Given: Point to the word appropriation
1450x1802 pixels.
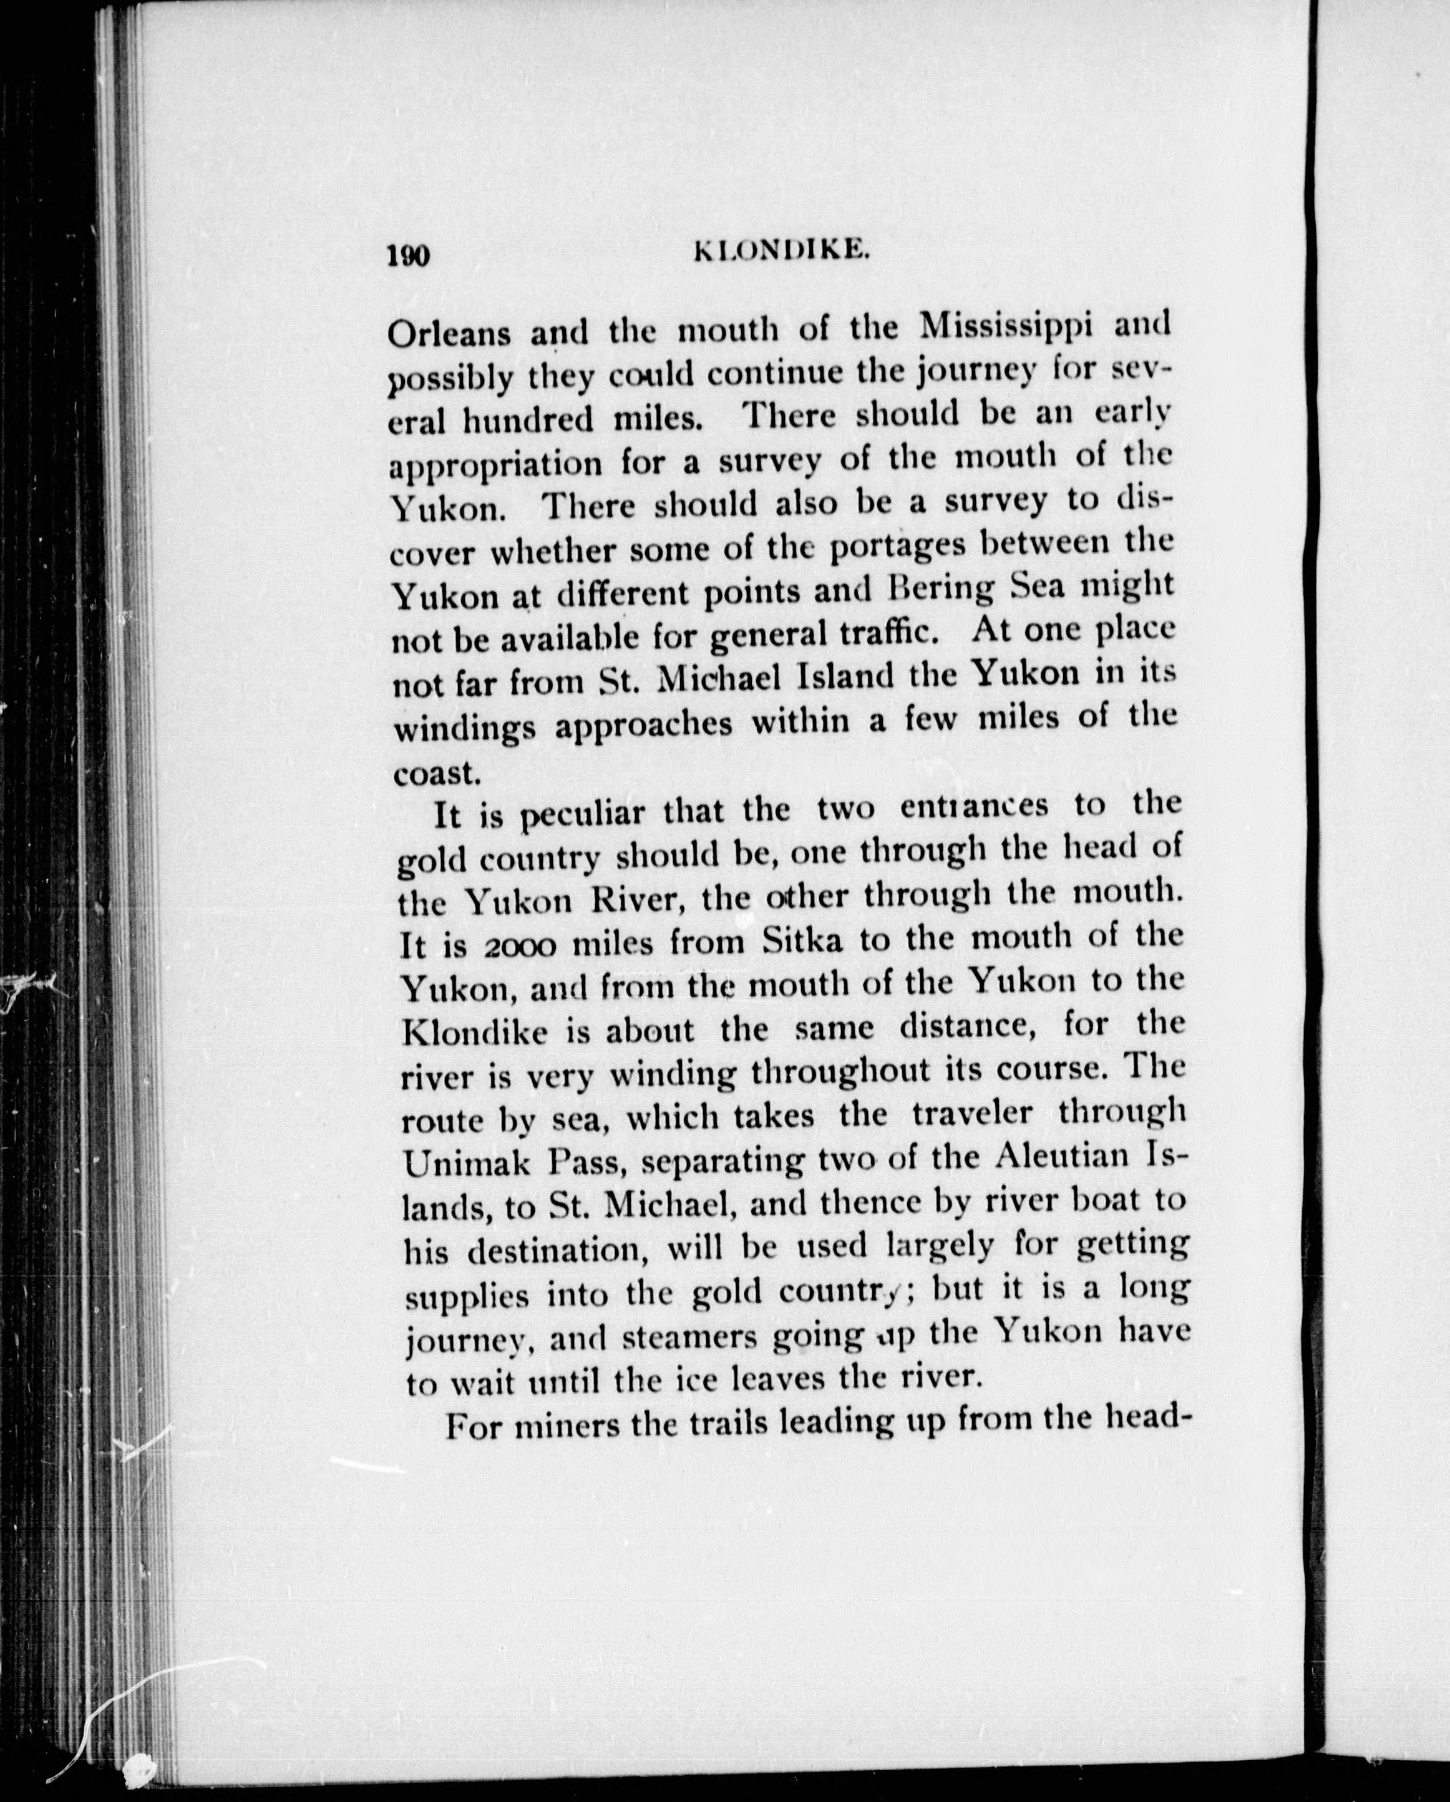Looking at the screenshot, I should coord(495,465).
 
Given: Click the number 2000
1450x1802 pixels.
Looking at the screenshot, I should coord(519,946).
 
